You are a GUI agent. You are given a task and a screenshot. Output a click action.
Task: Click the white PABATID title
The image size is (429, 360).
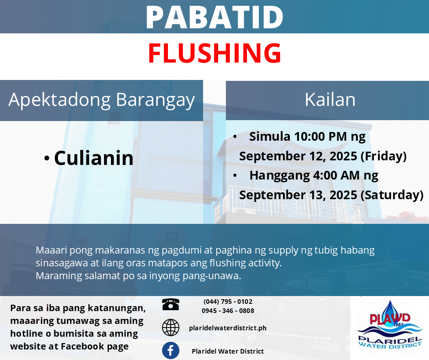pos(214,17)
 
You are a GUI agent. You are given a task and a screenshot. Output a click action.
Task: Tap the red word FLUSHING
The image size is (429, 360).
pos(214,53)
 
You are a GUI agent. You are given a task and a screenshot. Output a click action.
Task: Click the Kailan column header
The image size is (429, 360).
pos(330,100)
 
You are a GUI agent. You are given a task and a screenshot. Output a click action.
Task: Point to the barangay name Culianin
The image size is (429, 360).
pos(94,158)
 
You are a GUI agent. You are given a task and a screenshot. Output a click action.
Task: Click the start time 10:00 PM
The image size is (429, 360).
pos(320,137)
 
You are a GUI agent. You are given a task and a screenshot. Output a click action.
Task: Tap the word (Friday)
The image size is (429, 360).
pos(383,156)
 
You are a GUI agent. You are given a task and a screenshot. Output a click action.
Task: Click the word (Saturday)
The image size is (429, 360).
pos(392,195)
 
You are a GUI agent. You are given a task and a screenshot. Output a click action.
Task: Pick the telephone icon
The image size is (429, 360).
pos(171,304)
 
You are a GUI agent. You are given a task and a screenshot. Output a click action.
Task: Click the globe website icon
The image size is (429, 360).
pos(171,328)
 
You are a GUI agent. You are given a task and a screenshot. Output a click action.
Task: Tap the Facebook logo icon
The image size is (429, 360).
pos(171,350)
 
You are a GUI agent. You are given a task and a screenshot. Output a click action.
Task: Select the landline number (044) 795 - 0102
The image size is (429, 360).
pos(228,302)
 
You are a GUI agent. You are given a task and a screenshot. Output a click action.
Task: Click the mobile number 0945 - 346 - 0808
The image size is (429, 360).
pos(228,311)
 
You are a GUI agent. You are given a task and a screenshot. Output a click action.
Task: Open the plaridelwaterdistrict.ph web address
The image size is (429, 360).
pos(228,328)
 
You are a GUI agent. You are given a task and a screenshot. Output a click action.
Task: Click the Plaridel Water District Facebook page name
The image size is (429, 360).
pos(228,351)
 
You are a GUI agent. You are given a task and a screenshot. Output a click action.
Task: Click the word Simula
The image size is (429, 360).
pos(269,137)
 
